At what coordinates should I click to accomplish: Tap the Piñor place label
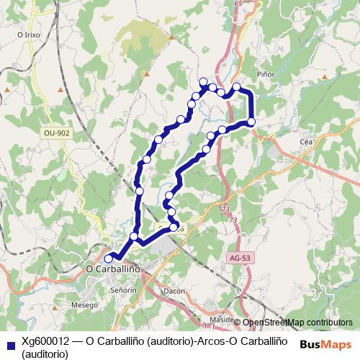[x=266, y=73]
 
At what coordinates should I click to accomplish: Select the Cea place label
[x=305, y=143]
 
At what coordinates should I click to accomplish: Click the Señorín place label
[x=123, y=289]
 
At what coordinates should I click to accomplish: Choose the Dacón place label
[x=175, y=290]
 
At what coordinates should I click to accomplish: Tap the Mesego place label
[x=84, y=305]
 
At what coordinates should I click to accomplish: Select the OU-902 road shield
[x=56, y=133]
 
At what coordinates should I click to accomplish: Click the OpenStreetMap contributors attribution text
[x=297, y=323]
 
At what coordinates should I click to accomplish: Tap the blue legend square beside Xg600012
[x=9, y=343]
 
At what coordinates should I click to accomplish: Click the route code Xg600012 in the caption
[x=48, y=341]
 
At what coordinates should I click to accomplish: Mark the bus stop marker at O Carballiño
[x=109, y=258]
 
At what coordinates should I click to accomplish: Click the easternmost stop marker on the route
[x=252, y=122]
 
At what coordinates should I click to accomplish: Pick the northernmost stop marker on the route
[x=203, y=81]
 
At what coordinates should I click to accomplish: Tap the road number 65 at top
[x=238, y=4]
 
